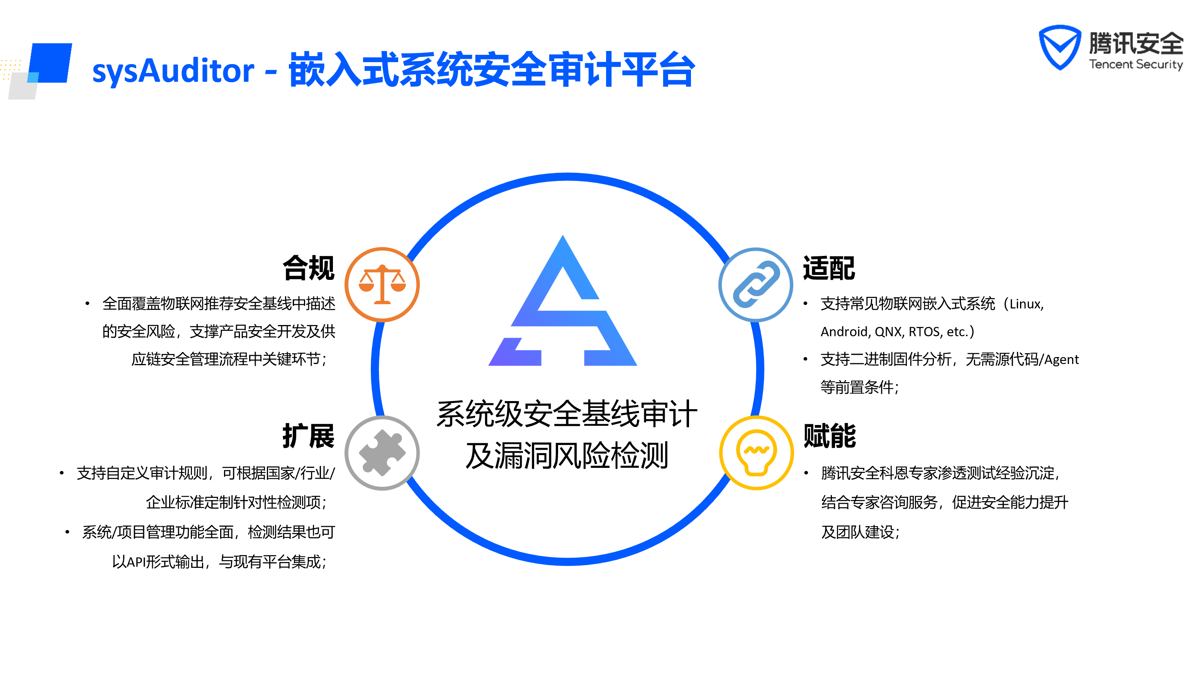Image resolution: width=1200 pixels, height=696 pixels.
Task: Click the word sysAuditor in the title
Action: (x=173, y=71)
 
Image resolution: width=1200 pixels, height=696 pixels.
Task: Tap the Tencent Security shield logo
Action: (x=1059, y=47)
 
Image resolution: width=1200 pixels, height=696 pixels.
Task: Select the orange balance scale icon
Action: (x=382, y=284)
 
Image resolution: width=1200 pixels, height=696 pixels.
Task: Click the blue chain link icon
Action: (x=756, y=284)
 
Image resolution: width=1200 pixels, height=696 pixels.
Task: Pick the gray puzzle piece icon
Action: (x=382, y=453)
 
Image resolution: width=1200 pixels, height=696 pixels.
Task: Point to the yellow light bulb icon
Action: (x=756, y=453)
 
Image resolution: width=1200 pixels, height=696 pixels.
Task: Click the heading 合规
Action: (x=309, y=268)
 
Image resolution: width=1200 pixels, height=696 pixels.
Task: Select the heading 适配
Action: (x=828, y=268)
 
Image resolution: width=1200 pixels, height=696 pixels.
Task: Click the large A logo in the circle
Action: (x=563, y=305)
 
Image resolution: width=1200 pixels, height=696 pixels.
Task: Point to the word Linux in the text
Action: (x=1025, y=304)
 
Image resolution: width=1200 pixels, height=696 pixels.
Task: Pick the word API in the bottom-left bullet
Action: (x=136, y=562)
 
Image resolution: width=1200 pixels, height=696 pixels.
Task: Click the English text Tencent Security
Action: (x=1136, y=64)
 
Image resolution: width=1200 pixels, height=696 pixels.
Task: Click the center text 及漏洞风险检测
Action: (x=567, y=456)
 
